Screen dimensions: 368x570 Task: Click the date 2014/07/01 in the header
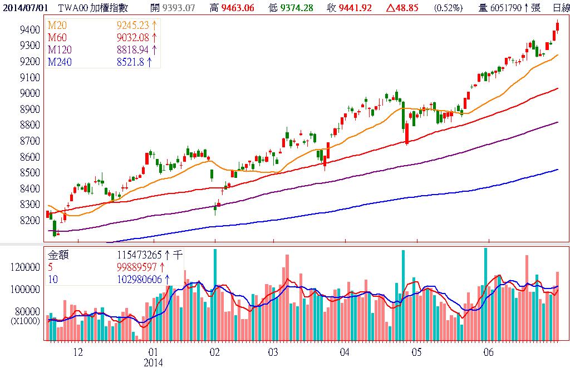coord(22,7)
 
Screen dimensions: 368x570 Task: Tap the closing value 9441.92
coord(356,7)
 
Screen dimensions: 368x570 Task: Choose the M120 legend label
coord(60,50)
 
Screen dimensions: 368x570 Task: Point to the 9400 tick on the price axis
coord(28,29)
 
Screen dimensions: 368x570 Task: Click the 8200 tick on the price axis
coord(28,221)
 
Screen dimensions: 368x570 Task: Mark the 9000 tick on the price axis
coord(28,93)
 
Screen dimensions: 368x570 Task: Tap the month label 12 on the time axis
coord(78,352)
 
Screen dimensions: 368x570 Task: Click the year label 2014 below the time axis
coord(153,362)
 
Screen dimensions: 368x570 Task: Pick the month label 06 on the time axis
coord(489,352)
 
